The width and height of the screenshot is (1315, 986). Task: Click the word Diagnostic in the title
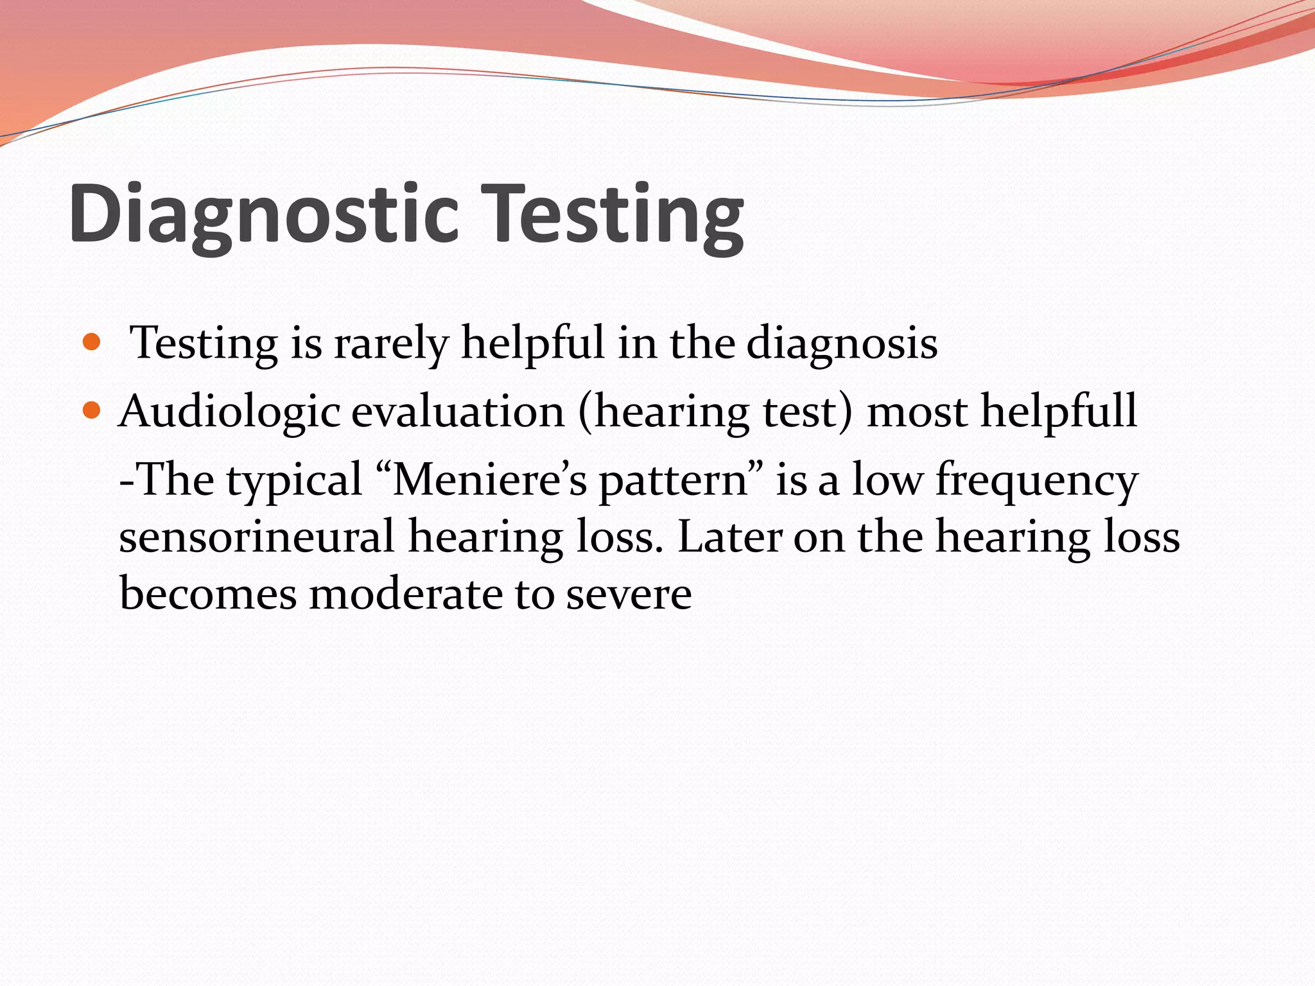263,214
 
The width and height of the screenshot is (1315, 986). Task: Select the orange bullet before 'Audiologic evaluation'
92,409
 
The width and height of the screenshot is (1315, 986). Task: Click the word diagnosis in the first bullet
841,344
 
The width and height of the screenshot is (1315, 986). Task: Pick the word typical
294,481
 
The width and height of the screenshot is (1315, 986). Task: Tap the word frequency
1036,481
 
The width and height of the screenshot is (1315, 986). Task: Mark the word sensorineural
256,537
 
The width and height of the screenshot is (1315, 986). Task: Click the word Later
729,537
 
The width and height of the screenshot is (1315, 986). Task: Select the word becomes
208,594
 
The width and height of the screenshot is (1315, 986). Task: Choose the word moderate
405,594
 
